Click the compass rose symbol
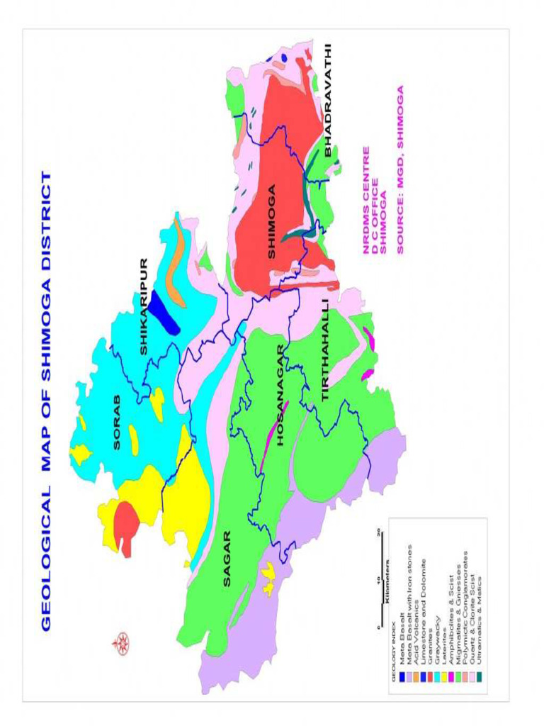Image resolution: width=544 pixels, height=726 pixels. (120, 643)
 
